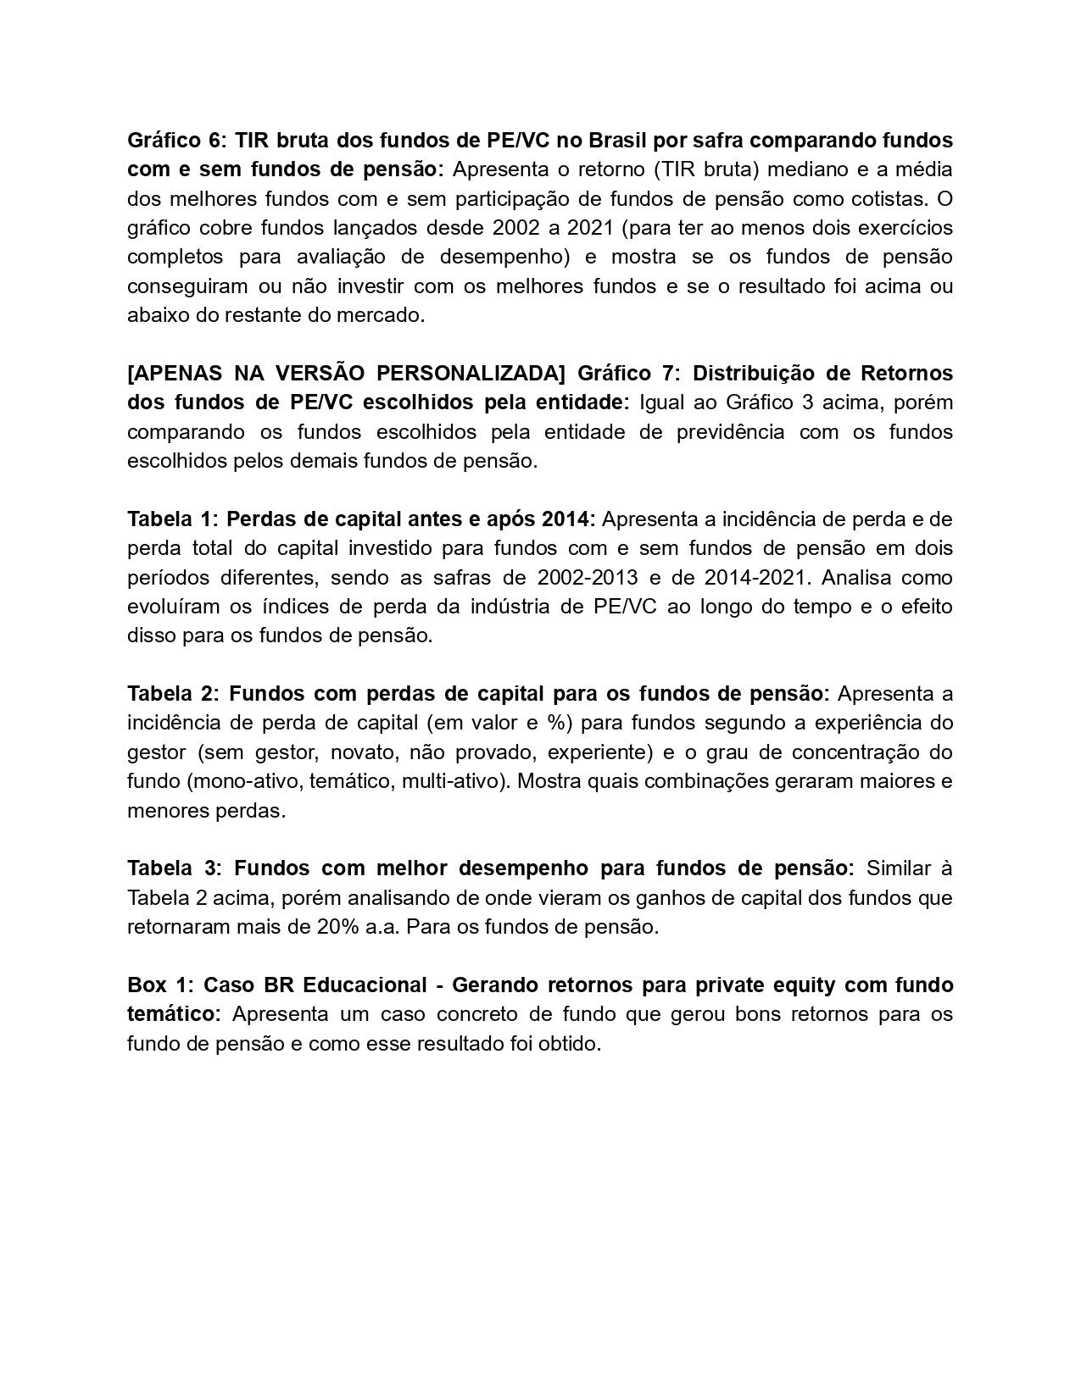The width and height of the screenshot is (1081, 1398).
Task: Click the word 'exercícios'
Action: (x=905, y=228)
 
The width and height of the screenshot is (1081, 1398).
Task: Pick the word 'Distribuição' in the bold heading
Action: (x=758, y=374)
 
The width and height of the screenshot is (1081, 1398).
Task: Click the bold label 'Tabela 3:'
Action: (x=174, y=868)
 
